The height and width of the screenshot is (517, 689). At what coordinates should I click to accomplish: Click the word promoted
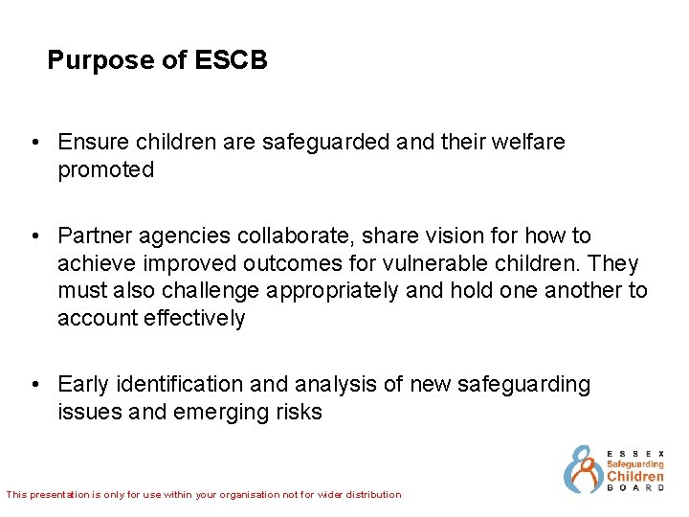pos(105,170)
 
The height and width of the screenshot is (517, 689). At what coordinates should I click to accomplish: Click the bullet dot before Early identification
pos(34,385)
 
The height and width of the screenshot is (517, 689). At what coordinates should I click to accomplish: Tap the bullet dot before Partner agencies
pos(34,236)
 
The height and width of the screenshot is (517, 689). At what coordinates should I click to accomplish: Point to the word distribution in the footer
pos(369,495)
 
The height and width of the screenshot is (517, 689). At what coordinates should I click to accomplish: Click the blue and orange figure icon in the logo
pos(581,469)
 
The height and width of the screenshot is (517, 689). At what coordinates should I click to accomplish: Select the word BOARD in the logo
pos(635,488)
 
